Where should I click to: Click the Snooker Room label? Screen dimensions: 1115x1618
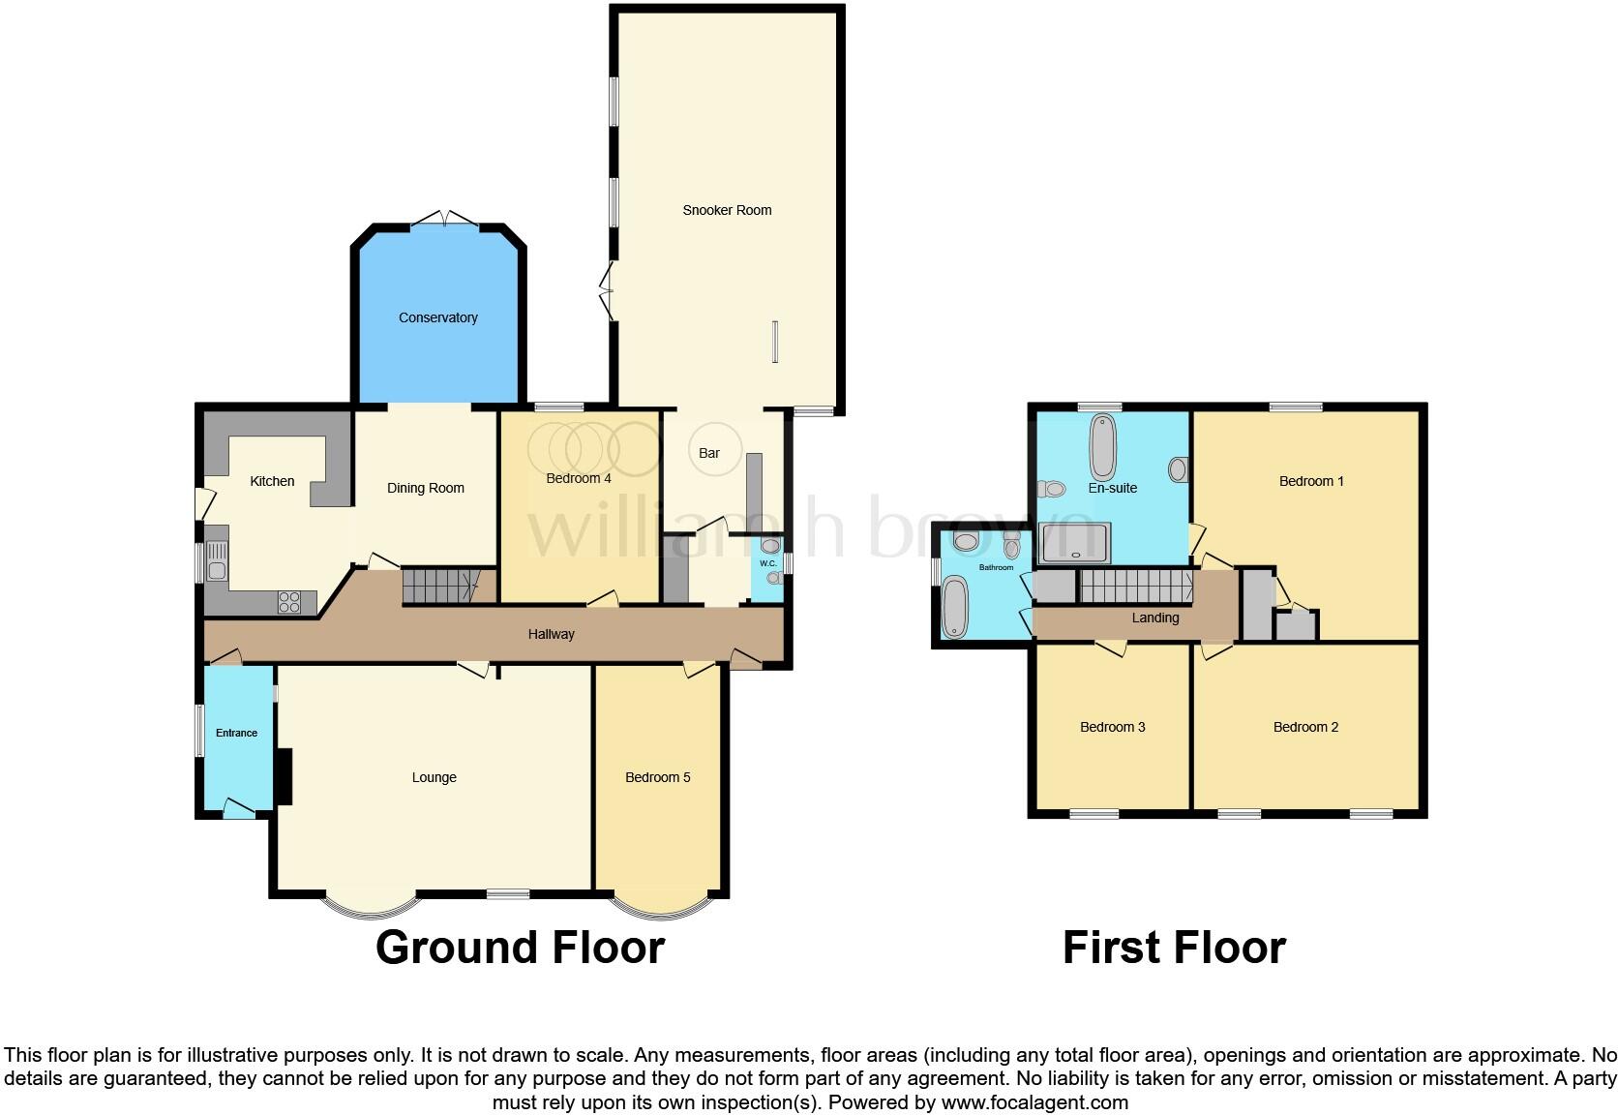(727, 210)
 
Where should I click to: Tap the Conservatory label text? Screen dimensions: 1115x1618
(438, 317)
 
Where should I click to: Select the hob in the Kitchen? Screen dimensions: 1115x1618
(289, 601)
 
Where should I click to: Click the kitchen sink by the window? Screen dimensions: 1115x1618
(216, 561)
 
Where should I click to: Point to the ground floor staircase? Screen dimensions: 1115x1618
(440, 586)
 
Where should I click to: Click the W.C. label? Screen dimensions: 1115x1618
(768, 563)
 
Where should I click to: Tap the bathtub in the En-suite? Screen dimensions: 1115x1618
(1103, 447)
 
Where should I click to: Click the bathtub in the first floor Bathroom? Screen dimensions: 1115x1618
(954, 607)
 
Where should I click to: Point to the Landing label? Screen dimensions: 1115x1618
(1155, 618)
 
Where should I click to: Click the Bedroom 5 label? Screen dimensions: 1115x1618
(658, 777)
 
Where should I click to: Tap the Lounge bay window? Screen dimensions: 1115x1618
(371, 906)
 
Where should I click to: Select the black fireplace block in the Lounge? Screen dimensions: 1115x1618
(283, 777)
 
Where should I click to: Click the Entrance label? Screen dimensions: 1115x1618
(236, 733)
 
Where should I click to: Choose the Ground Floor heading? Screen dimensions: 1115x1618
(520, 947)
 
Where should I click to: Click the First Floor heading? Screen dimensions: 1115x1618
(1174, 947)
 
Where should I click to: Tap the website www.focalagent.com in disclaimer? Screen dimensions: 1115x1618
(1034, 1101)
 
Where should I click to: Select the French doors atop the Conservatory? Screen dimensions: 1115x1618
(444, 220)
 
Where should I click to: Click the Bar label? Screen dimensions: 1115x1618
(709, 453)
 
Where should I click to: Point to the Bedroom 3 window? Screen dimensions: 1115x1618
(1094, 814)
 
